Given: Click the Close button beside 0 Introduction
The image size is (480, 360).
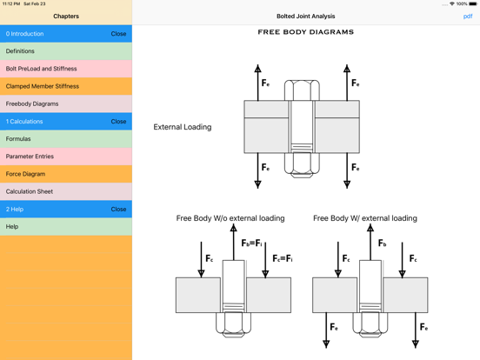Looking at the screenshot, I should pyautogui.click(x=118, y=34).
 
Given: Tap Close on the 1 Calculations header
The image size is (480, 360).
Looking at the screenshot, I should pyautogui.click(x=118, y=122).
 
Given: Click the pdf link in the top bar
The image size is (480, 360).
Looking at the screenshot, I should pyautogui.click(x=468, y=17).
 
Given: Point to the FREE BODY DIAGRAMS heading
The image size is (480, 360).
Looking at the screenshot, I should pyautogui.click(x=305, y=32).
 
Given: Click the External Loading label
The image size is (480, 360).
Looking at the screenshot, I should pyautogui.click(x=183, y=127).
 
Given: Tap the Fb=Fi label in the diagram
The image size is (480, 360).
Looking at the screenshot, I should pyautogui.click(x=253, y=243).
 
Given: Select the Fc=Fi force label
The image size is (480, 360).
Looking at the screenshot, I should pyautogui.click(x=283, y=258).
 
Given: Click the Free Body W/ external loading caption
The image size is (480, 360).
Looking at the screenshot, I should pyautogui.click(x=364, y=218).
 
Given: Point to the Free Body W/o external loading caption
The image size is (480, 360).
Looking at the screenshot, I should pyautogui.click(x=230, y=218).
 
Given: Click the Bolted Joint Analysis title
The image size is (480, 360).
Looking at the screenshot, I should pyautogui.click(x=305, y=17).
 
